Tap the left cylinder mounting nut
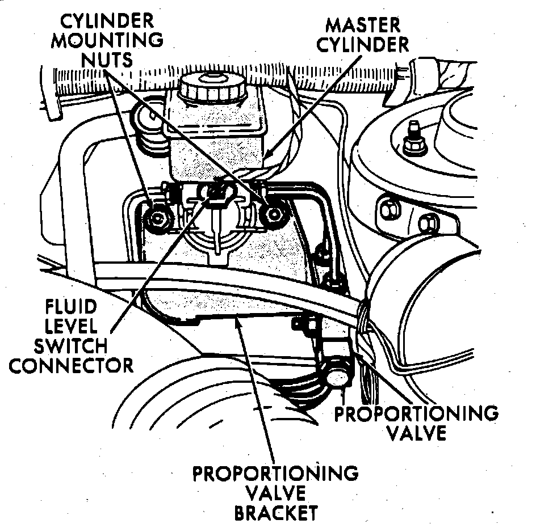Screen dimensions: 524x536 point(156,217)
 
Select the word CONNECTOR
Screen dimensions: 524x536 point(71,365)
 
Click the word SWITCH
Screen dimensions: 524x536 point(67,346)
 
